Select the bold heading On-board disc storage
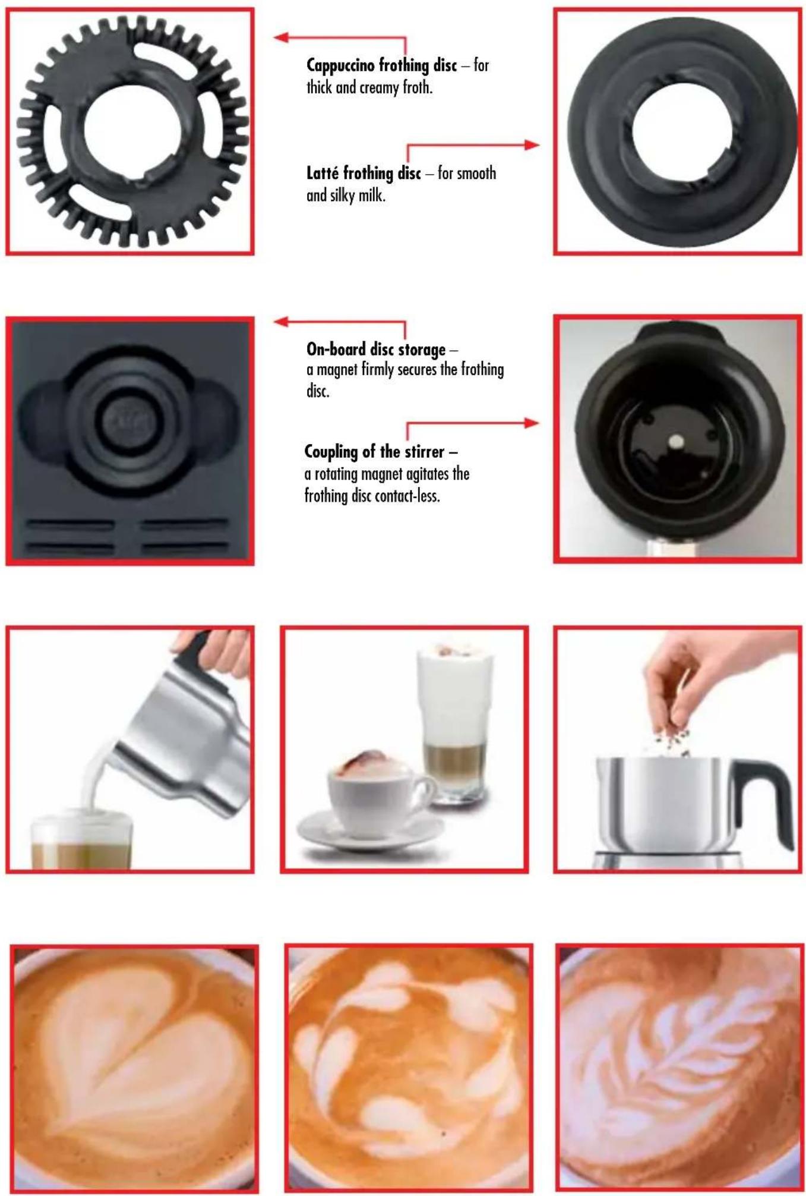click(376, 349)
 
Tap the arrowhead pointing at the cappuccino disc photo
click(281, 37)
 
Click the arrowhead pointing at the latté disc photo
click(532, 144)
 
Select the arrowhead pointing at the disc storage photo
click(281, 322)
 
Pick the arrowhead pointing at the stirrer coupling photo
click(532, 423)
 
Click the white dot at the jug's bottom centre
click(676, 441)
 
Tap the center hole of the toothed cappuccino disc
click(131, 128)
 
